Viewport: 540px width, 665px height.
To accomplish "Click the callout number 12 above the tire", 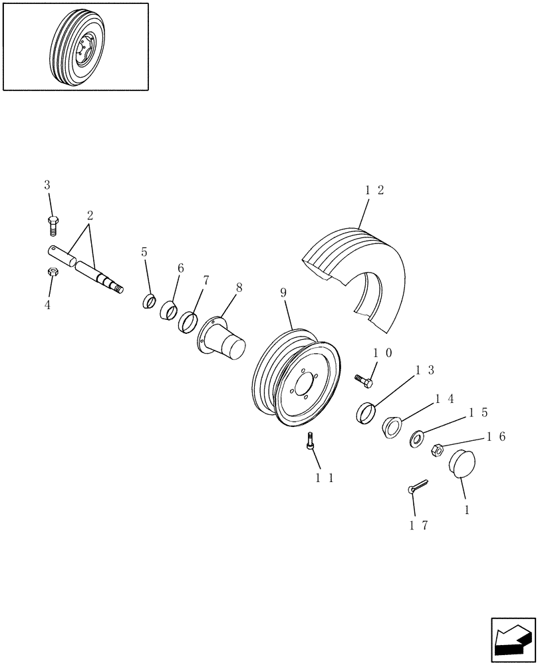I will click(374, 190).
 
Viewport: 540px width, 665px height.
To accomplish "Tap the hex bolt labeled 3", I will click(53, 225).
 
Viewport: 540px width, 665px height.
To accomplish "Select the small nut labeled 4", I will click(52, 273).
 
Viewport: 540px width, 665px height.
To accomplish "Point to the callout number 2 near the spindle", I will click(89, 215).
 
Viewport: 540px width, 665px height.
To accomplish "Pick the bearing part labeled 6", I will click(168, 309).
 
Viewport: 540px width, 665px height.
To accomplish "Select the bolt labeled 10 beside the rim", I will click(364, 380).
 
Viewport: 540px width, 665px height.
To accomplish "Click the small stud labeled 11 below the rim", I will click(310, 441).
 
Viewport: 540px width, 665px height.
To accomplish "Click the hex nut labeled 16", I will click(440, 450).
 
